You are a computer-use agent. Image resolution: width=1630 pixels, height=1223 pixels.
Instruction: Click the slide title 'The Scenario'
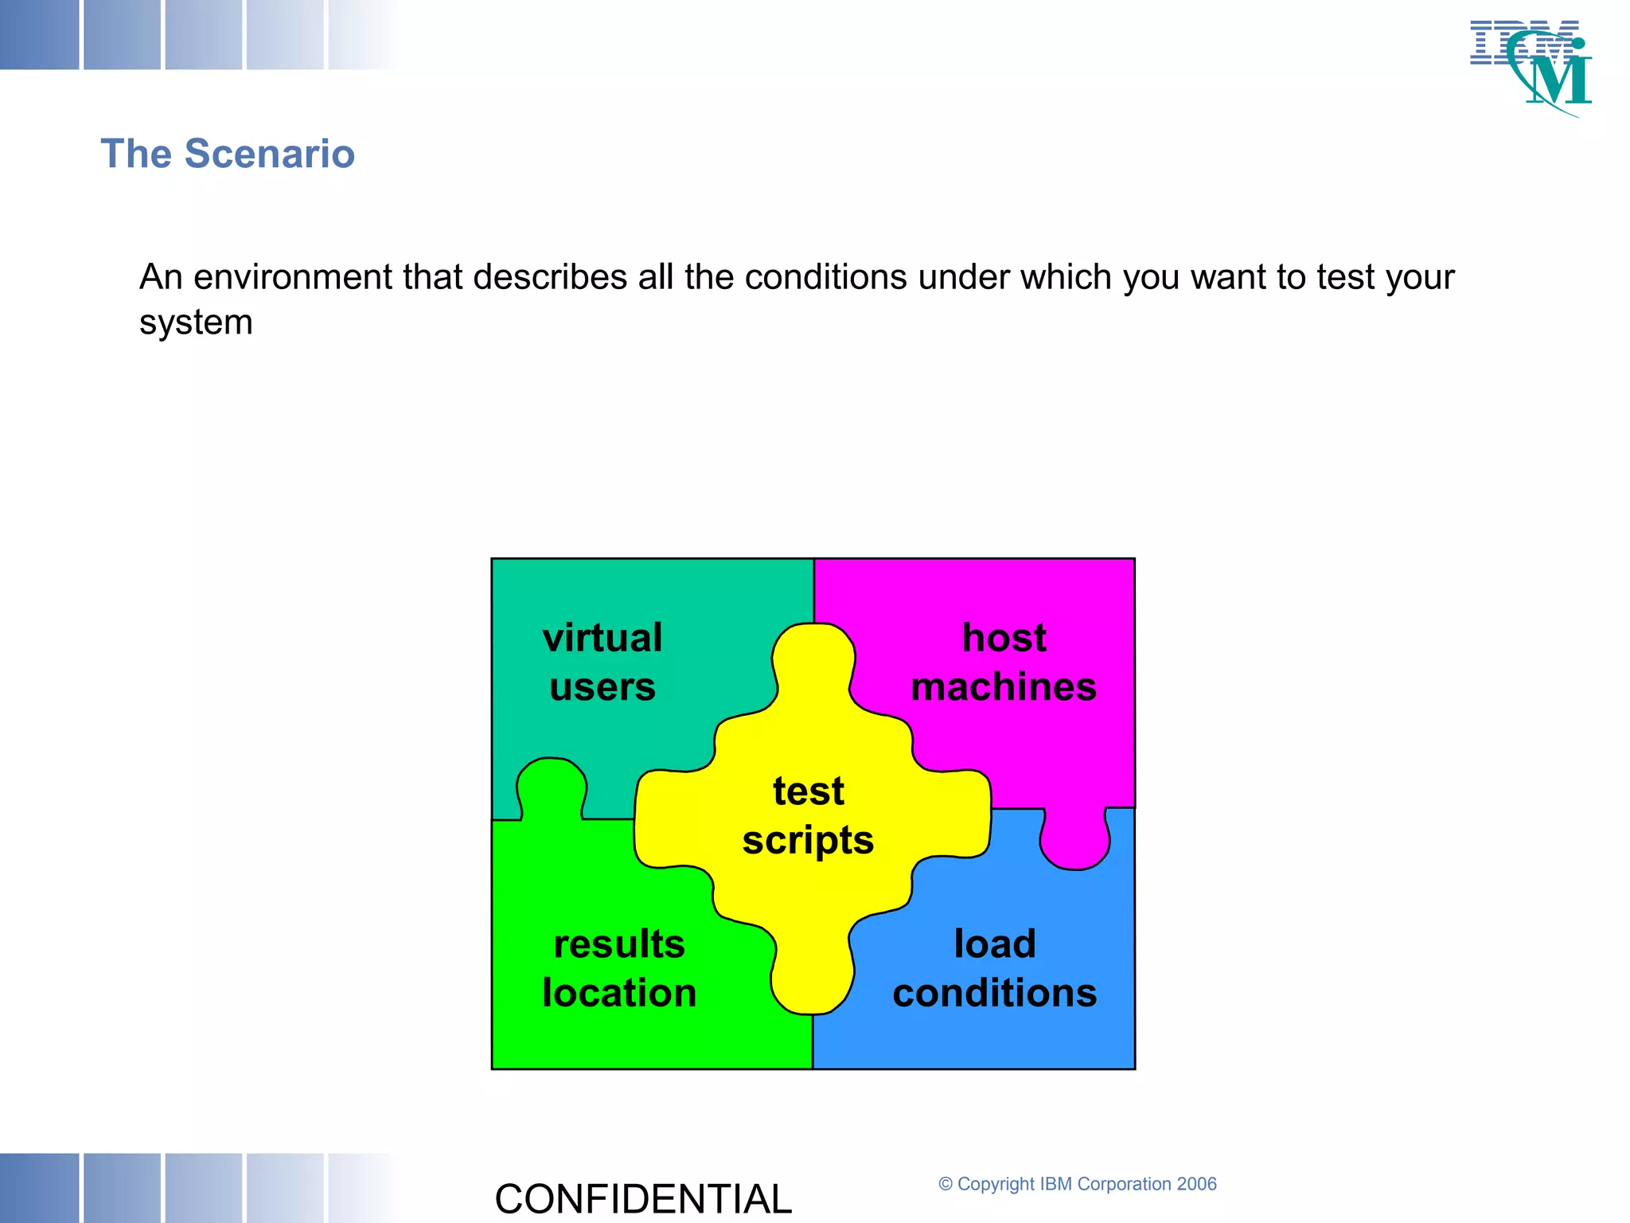(x=228, y=154)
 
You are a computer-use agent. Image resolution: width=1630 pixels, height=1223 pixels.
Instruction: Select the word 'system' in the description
(x=196, y=322)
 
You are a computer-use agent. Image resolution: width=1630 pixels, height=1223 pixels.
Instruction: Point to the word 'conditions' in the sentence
(x=825, y=278)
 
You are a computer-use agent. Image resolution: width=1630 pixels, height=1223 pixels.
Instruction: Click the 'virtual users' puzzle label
(x=602, y=662)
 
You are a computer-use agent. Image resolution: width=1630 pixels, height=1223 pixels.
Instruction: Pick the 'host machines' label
(x=1004, y=662)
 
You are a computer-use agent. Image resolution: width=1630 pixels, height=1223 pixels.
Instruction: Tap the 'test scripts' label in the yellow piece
(x=808, y=815)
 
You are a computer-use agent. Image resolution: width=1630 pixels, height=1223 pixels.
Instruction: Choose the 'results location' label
(x=619, y=968)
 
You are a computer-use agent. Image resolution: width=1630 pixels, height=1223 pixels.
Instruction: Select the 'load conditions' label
(x=995, y=968)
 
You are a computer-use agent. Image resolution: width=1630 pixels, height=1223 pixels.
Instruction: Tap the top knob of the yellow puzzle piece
(x=813, y=661)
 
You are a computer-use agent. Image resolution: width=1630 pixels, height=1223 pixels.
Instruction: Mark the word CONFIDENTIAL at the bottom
(x=643, y=1199)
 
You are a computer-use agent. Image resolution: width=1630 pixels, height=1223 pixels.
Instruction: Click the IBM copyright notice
(x=1077, y=1184)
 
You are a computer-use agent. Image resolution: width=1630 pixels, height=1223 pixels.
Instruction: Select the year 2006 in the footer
(x=1196, y=1184)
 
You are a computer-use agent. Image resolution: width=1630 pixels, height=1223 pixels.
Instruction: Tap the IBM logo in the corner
(x=1532, y=67)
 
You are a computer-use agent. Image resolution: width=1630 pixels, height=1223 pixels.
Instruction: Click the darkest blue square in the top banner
(x=39, y=34)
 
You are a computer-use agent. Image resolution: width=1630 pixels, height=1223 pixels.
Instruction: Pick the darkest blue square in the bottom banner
(x=39, y=1187)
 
